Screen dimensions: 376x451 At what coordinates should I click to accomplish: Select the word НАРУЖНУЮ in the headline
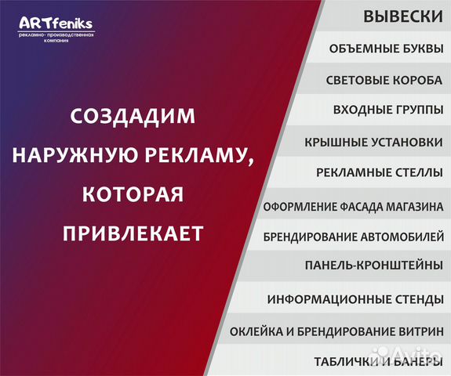(80, 154)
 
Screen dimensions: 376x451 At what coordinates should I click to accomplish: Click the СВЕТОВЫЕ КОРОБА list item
(384, 80)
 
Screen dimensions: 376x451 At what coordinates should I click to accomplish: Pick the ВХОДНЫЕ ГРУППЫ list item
(387, 110)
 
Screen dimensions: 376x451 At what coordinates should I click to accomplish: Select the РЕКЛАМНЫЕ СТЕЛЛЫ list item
(379, 172)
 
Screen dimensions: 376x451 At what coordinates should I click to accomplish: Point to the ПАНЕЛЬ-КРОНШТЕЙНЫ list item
(373, 266)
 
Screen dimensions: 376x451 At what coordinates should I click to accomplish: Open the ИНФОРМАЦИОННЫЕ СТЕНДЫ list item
(355, 299)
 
